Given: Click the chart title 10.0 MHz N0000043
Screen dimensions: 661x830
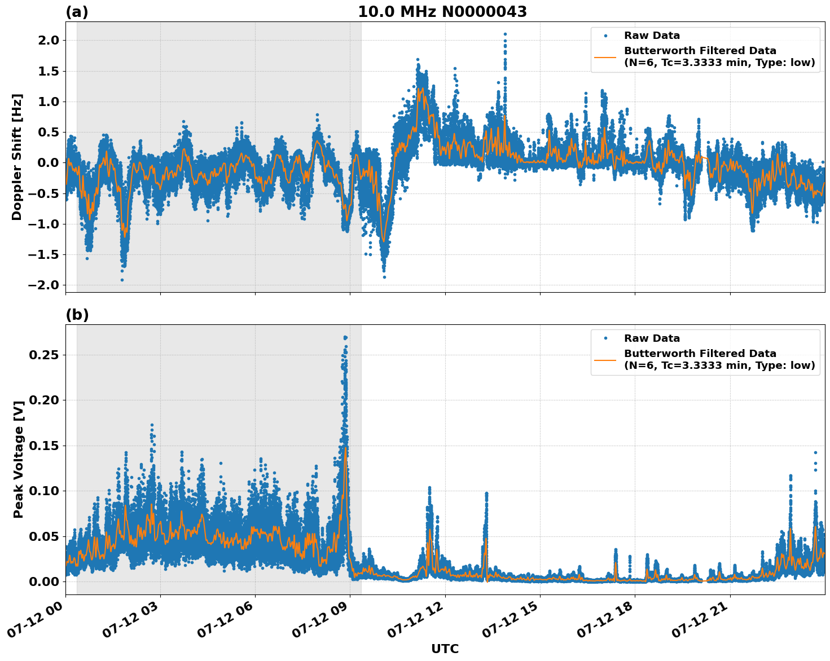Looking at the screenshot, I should [x=442, y=12].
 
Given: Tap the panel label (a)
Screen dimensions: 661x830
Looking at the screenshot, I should [x=77, y=12].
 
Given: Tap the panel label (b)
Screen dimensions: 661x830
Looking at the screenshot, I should [x=77, y=315].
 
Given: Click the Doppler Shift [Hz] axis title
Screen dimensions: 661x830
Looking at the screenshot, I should [x=17, y=157].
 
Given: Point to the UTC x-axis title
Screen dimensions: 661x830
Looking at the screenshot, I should [x=445, y=649].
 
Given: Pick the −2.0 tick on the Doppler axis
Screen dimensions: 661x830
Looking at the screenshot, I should [x=45, y=285].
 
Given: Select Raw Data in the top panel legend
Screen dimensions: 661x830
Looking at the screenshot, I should [x=652, y=36].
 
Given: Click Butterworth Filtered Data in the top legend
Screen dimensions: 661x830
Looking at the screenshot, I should [x=700, y=51].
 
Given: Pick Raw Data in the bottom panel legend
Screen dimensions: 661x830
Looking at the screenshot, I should [x=652, y=338].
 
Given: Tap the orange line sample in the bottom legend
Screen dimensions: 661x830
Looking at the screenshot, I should [x=605, y=359].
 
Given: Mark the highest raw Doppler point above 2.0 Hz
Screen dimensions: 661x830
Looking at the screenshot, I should [x=505, y=34].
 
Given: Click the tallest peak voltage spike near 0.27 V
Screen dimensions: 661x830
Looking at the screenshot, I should [x=345, y=337].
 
